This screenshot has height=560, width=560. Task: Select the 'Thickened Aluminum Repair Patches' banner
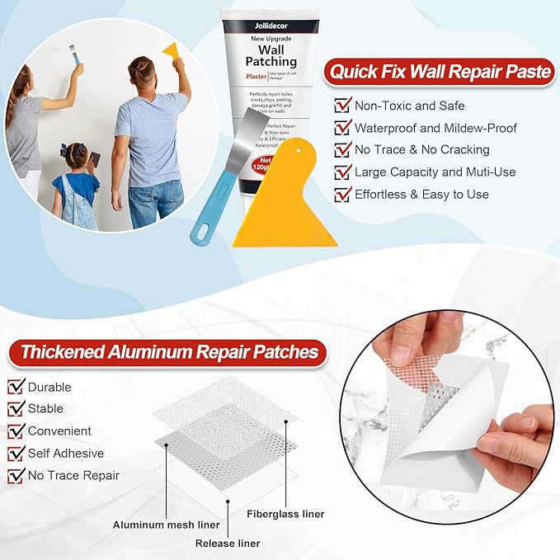169,352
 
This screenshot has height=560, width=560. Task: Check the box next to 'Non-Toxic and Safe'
342,106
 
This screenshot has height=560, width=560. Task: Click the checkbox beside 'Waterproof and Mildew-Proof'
342,128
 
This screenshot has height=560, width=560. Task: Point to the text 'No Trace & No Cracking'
421,150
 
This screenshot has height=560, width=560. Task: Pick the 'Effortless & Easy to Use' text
421,195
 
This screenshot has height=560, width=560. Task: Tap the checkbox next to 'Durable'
16,387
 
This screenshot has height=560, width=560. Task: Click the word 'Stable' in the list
45,409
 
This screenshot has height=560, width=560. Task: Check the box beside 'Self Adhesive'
16,454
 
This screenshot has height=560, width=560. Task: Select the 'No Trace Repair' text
73,476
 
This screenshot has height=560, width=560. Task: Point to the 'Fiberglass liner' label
285,514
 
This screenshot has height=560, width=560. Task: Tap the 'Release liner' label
228,544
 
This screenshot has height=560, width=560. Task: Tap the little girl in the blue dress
76,186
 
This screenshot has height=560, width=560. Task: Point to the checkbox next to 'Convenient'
16,431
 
